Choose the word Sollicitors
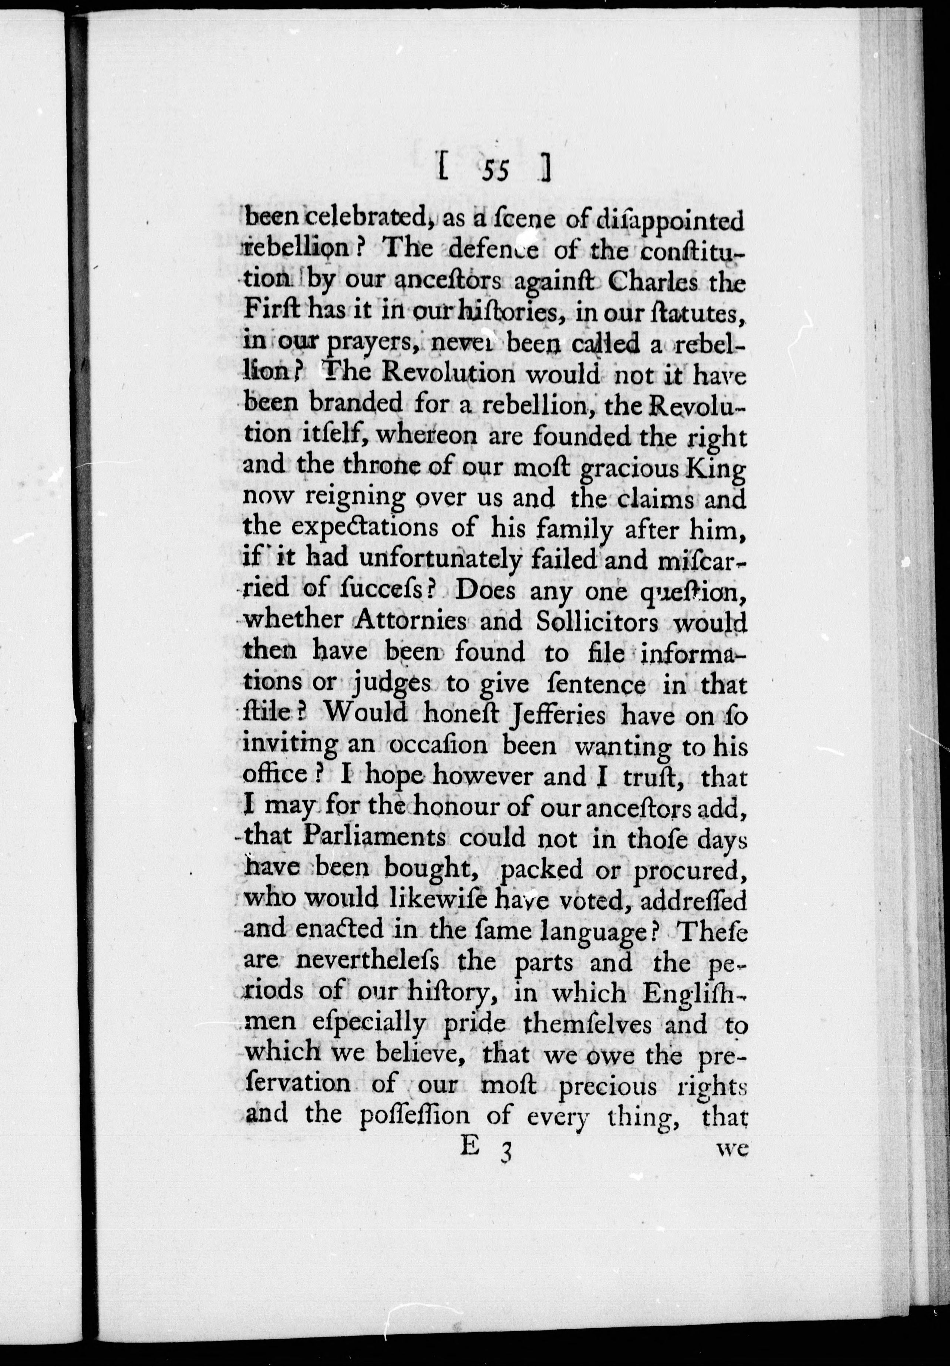[602, 621]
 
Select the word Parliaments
[374, 837]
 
